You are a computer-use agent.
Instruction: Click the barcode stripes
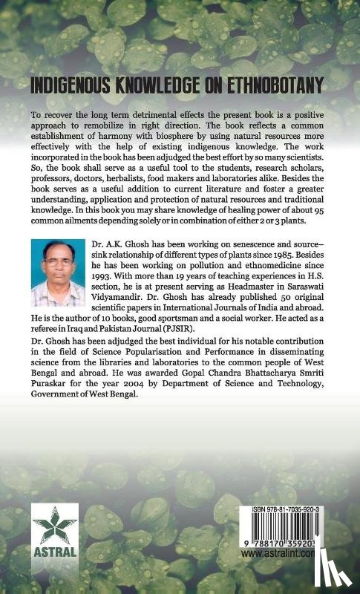pyautogui.click(x=286, y=535)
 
